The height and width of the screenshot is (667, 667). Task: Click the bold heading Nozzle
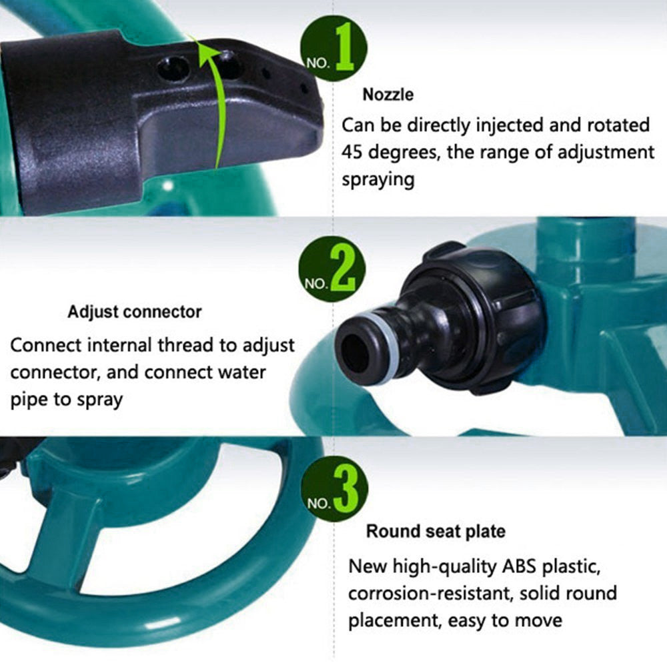pyautogui.click(x=388, y=95)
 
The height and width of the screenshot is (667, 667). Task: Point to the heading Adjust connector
pyautogui.click(x=134, y=311)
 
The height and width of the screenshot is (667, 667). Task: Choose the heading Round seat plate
pyautogui.click(x=435, y=532)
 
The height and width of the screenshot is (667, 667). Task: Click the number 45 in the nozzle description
pyautogui.click(x=355, y=153)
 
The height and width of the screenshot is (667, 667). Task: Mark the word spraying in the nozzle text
pyautogui.click(x=378, y=179)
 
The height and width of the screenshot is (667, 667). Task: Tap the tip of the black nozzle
pyautogui.click(x=313, y=107)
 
